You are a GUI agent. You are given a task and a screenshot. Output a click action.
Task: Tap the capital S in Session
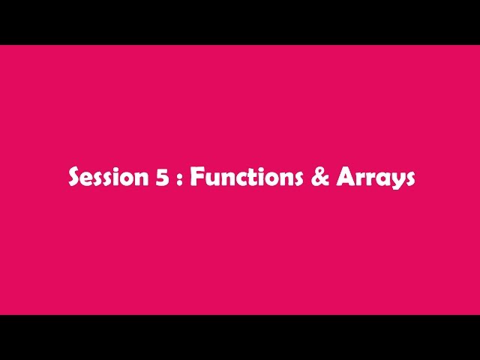(x=75, y=178)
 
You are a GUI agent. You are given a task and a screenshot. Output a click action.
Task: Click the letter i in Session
(x=112, y=177)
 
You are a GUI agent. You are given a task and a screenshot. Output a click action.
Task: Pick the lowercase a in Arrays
(x=382, y=180)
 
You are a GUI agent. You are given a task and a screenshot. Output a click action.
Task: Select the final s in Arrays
(x=409, y=180)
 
